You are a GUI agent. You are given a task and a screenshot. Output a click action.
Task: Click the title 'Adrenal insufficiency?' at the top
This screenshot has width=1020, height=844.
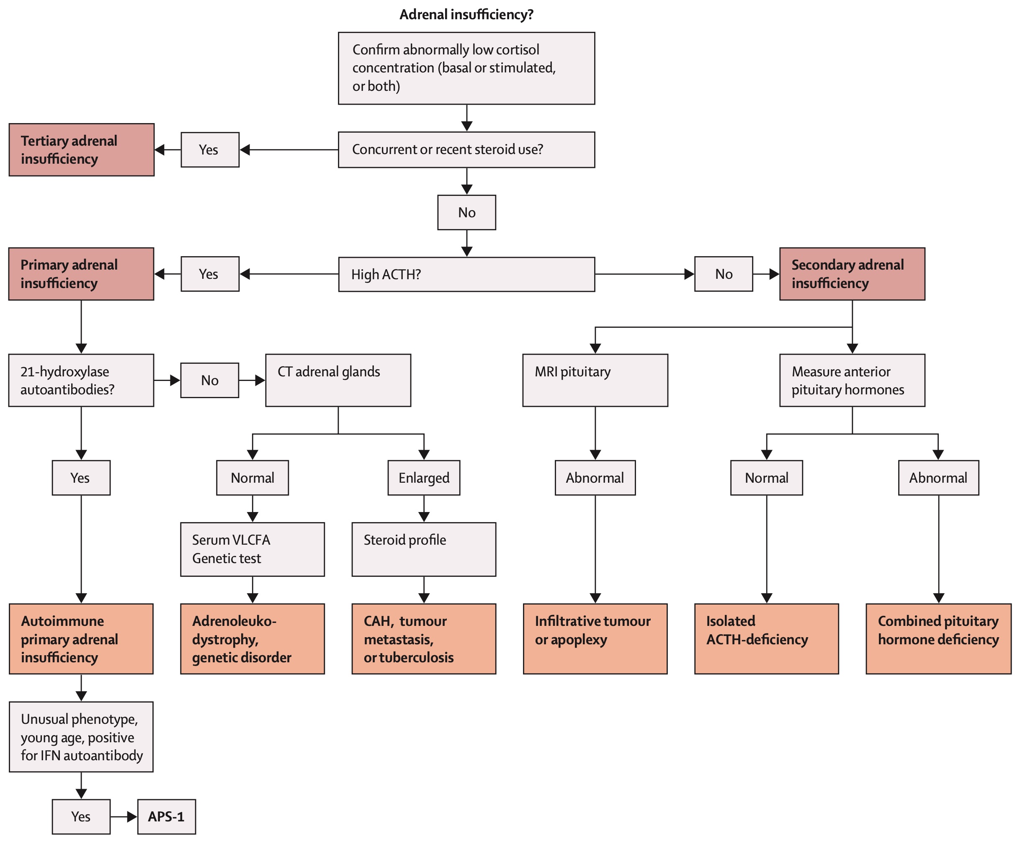[466, 15]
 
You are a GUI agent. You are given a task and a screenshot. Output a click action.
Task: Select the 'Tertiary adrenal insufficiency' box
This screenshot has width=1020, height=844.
[82, 149]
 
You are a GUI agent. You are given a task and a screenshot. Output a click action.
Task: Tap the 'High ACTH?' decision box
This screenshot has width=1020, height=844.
[466, 274]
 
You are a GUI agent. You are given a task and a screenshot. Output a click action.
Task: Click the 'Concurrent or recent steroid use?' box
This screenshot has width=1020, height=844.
[466, 149]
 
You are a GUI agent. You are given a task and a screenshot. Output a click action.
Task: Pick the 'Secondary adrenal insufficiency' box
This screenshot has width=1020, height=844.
[853, 274]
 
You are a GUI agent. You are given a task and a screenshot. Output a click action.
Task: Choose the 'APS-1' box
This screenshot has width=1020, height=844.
[167, 817]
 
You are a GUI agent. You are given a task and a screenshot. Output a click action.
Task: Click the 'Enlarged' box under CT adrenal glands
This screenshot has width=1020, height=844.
[424, 478]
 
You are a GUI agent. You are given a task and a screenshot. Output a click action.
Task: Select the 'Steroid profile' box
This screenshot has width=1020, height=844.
[424, 549]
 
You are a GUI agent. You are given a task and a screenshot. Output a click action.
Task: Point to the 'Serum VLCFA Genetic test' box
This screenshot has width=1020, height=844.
[252, 549]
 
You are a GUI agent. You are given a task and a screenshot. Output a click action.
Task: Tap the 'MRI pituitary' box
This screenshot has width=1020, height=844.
[595, 380]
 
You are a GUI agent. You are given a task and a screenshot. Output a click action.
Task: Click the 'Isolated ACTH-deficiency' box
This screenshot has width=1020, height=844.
[766, 638]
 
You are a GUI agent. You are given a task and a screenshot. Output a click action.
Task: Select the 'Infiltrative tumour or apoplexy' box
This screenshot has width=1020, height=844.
[595, 638]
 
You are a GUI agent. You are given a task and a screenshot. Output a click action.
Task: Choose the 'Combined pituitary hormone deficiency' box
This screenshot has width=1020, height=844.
[938, 638]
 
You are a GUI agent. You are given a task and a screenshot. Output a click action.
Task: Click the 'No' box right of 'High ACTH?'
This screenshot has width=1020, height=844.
[724, 274]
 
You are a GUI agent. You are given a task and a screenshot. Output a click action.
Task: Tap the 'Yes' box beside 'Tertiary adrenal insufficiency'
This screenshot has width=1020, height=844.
[210, 149]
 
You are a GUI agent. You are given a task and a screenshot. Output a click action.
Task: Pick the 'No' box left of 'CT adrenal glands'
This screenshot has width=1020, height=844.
[209, 380]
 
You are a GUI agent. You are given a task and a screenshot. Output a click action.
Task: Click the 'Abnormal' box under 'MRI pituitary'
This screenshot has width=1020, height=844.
[595, 478]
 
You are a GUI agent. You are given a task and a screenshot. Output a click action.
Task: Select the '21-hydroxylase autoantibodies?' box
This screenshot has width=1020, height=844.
[81, 380]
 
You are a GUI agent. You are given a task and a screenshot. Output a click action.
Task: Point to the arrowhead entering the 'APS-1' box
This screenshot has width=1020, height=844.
[132, 817]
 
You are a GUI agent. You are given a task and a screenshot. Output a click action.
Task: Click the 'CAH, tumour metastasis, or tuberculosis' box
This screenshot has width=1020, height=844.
[424, 638]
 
